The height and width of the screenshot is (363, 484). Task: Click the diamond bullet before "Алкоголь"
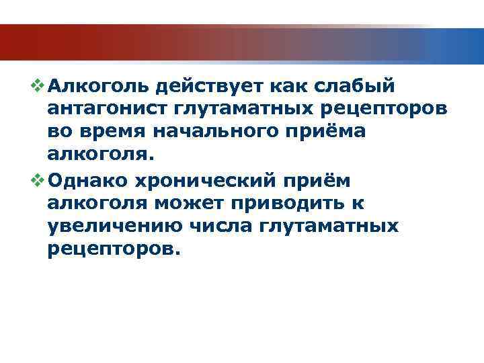coord(38,85)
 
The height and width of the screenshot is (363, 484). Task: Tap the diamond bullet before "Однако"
coord(38,179)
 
